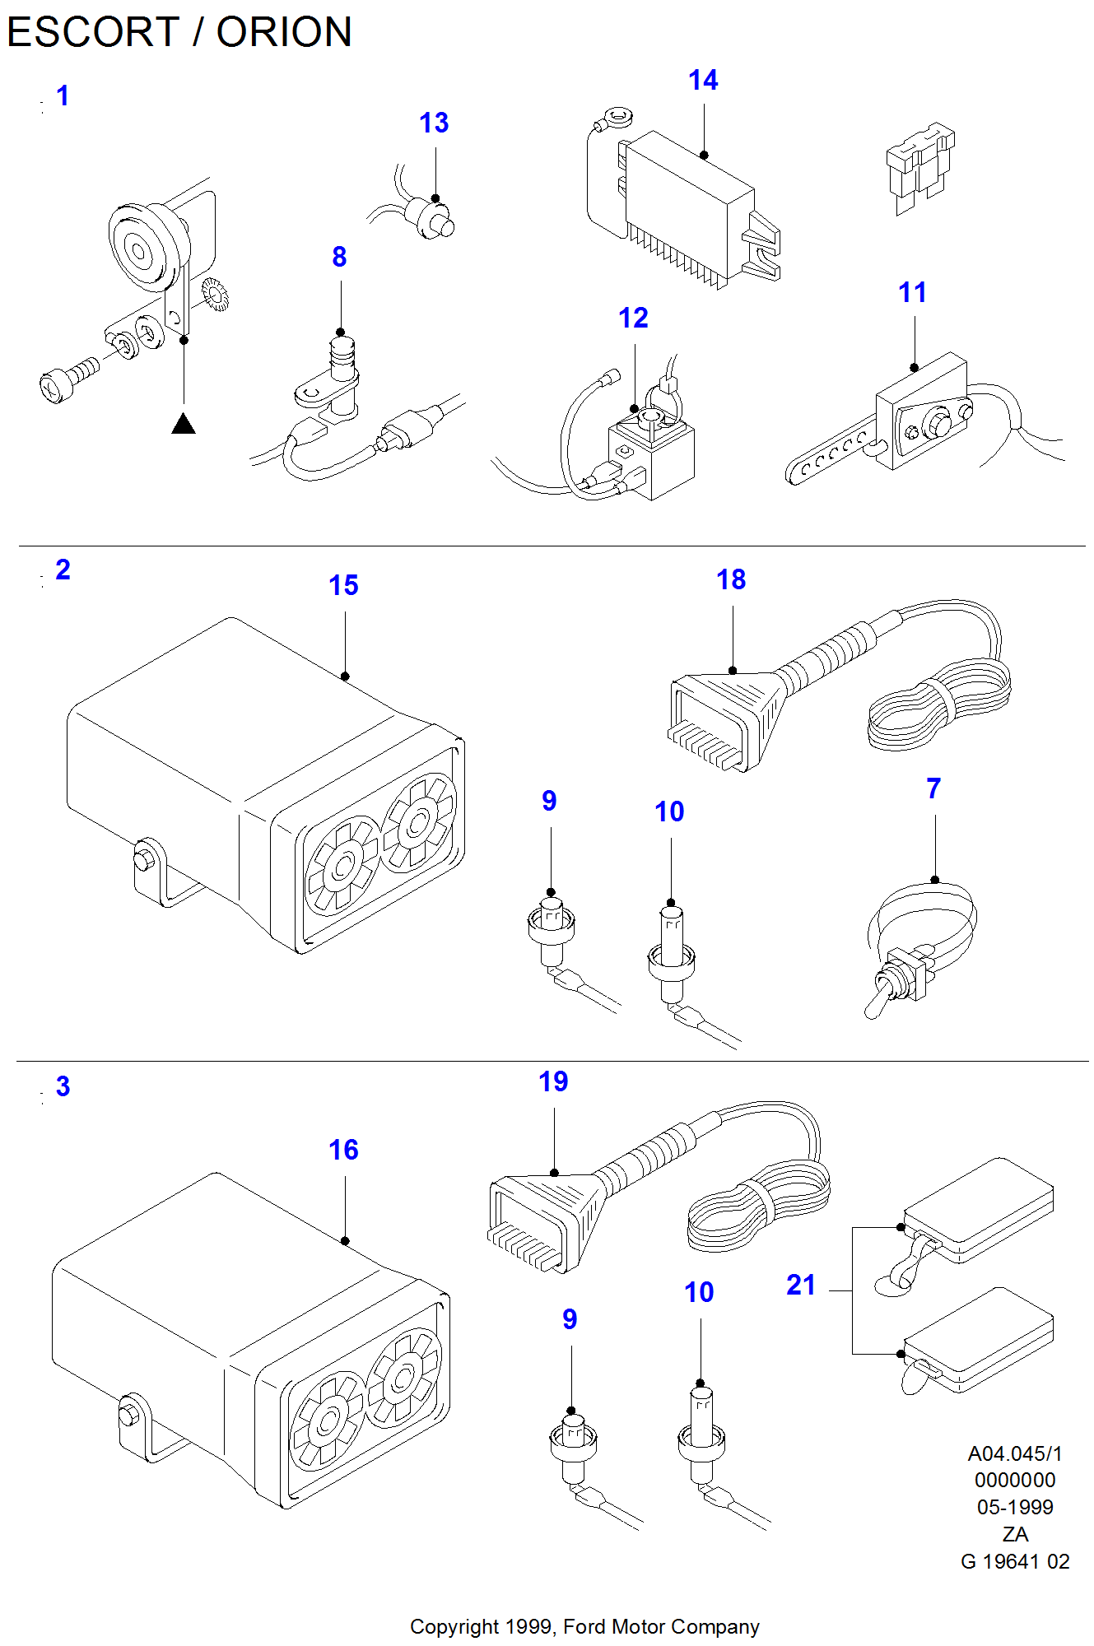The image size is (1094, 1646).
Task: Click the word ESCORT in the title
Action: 92,33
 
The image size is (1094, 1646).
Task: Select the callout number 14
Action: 703,81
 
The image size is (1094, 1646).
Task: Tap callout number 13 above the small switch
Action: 434,123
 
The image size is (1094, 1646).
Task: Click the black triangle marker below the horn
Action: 184,425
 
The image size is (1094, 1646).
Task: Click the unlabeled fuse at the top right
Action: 919,168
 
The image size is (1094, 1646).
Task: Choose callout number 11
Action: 912,292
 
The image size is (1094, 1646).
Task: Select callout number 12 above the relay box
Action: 633,319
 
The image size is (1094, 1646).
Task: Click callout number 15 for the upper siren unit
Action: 343,586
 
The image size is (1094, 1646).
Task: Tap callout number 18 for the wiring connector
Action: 731,580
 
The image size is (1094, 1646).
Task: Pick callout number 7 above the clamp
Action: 933,789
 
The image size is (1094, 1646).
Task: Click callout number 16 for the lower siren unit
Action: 343,1151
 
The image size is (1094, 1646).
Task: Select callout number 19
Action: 553,1082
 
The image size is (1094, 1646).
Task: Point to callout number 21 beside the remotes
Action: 800,1286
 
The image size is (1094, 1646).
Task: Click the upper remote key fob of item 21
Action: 978,1209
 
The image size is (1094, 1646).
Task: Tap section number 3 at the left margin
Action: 63,1087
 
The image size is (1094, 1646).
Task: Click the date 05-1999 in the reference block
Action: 1015,1508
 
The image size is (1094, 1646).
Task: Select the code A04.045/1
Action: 1015,1454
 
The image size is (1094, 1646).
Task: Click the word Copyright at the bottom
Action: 454,1627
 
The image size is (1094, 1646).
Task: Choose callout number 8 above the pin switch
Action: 339,258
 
